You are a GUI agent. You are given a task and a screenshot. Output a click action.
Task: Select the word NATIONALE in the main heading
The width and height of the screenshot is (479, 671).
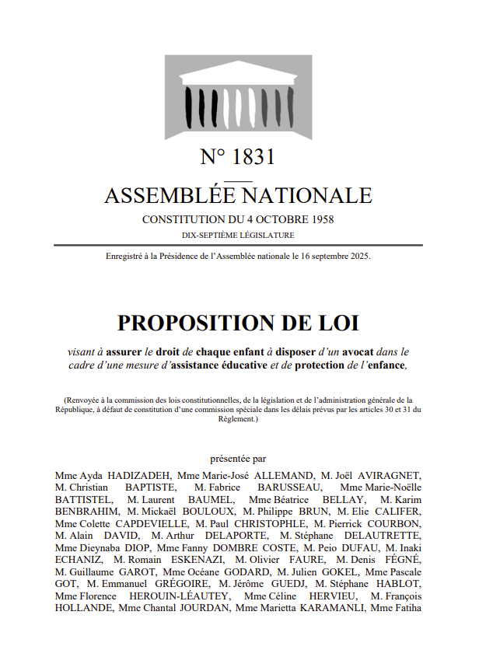[x=313, y=195]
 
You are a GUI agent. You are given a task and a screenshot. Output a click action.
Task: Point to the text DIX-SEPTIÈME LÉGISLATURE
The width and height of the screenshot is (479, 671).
[x=238, y=234]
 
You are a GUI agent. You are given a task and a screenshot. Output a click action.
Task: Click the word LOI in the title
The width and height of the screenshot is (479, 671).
[x=337, y=323]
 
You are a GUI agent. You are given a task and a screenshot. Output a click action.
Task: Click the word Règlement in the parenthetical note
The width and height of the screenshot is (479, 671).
[x=237, y=419]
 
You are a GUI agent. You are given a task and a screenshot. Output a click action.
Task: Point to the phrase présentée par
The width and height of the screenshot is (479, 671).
[x=238, y=459]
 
